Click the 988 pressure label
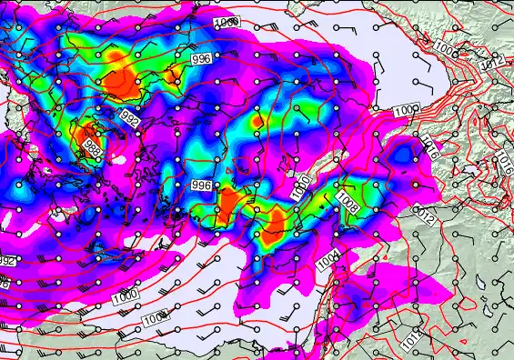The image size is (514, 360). (x=92, y=145)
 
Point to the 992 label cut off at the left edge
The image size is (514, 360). (x=6, y=261)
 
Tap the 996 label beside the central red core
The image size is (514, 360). (x=202, y=185)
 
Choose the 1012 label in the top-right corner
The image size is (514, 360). (x=490, y=63)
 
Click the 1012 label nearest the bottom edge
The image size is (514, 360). (x=410, y=339)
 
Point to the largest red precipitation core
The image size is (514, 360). (x=118, y=79)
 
